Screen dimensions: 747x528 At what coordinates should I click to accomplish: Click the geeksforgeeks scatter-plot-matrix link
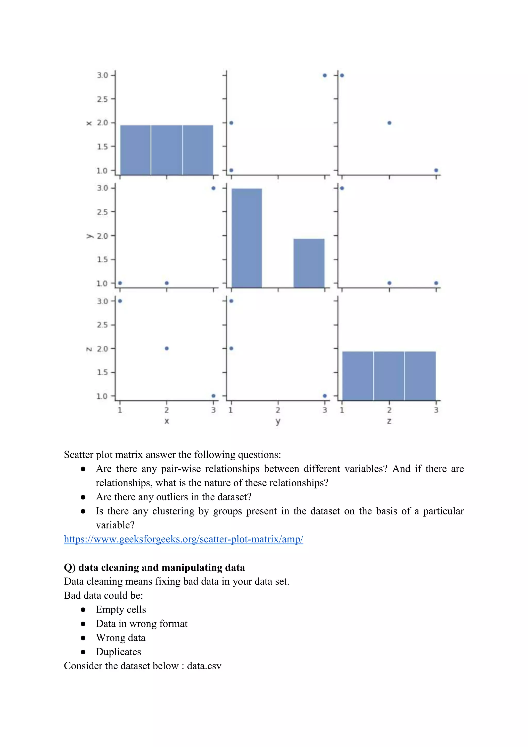183,539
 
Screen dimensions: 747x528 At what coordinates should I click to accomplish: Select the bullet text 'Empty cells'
121,609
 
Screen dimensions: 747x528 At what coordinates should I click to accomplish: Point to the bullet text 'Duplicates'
118,652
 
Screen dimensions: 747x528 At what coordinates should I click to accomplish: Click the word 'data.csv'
204,666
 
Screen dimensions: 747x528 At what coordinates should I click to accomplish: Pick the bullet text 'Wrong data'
121,638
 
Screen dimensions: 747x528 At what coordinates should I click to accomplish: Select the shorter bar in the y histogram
309,263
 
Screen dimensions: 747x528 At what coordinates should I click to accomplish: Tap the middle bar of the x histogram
167,150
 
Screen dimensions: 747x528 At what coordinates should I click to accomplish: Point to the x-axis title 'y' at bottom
278,421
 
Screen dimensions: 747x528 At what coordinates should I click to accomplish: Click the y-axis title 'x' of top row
89,123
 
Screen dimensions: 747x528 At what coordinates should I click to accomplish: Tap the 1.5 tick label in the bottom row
102,372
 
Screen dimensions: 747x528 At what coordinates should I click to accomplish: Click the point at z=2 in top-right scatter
389,123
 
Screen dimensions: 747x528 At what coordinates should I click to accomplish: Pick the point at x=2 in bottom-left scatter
167,348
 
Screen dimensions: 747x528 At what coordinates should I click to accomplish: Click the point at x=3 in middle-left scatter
213,188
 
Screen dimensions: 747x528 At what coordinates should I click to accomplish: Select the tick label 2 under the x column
167,410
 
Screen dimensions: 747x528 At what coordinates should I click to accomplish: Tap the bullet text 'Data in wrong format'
142,624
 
